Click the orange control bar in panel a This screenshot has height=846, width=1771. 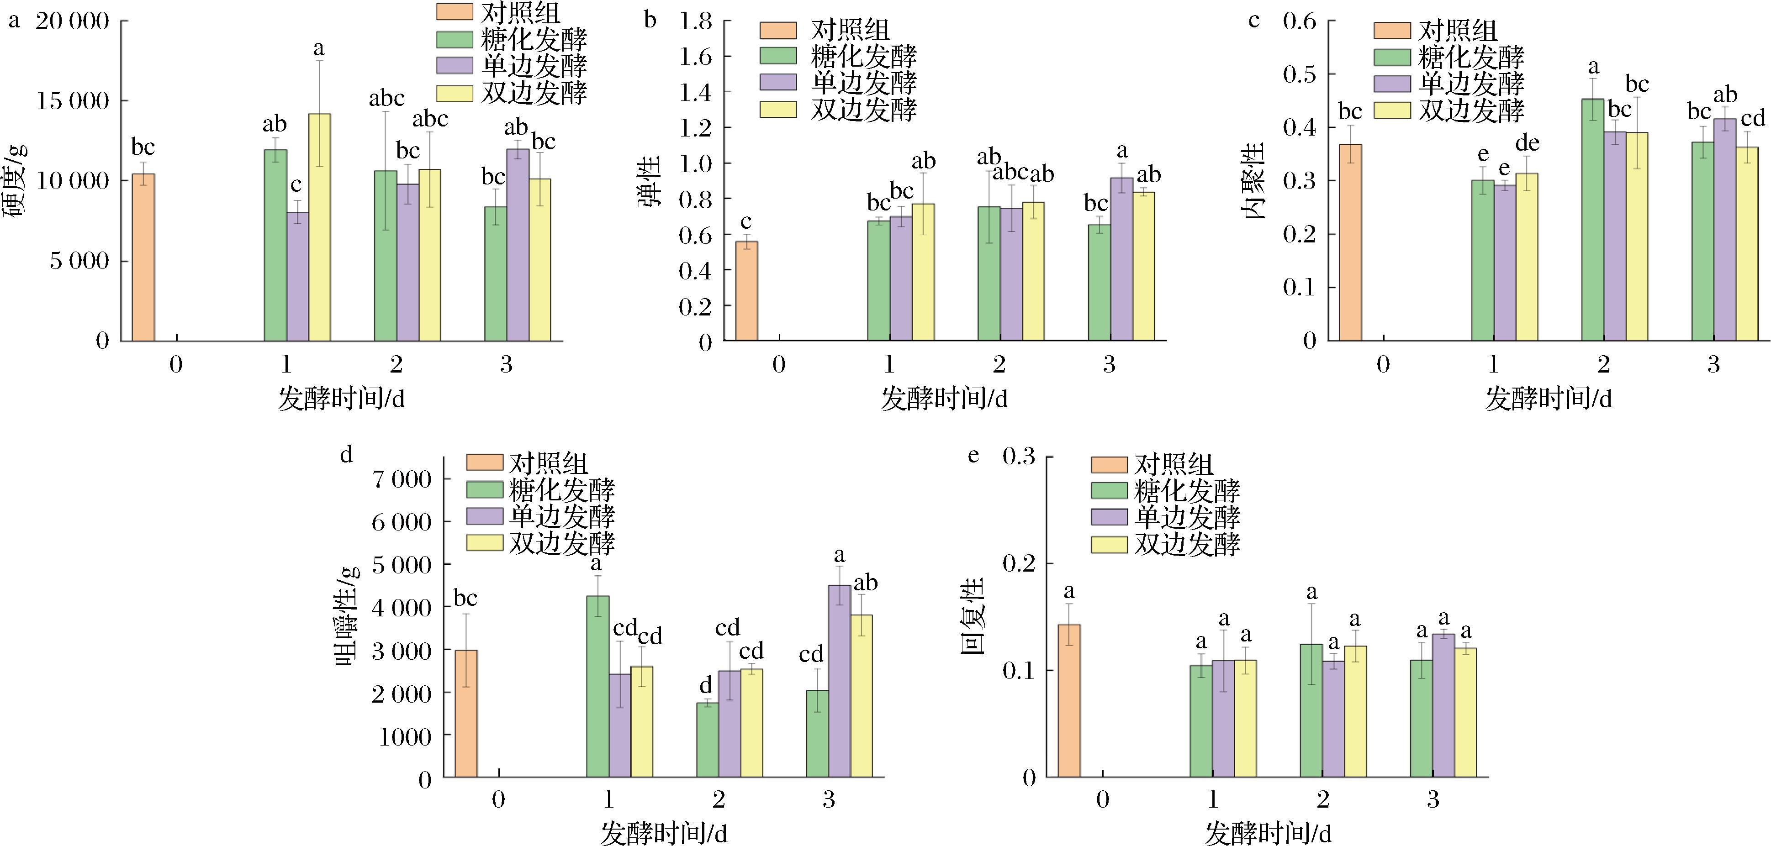(x=143, y=257)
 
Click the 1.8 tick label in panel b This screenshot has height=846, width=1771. (x=695, y=22)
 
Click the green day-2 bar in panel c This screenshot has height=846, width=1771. (x=1592, y=220)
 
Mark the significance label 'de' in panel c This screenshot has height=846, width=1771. (x=1527, y=143)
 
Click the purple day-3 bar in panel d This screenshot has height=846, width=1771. (x=840, y=680)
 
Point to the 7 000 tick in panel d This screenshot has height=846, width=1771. (x=402, y=479)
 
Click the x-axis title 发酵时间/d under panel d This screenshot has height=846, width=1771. (x=663, y=833)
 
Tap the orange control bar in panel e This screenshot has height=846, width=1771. (x=1069, y=700)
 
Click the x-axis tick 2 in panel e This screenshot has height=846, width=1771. (x=1323, y=799)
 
